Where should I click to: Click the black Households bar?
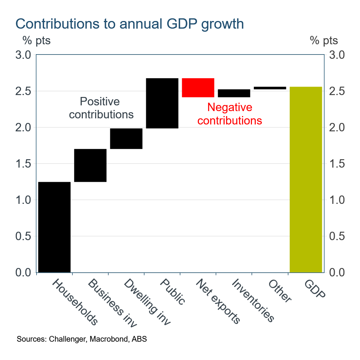[54, 227]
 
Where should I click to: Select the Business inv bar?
[90, 165]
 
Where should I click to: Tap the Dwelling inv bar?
[126, 139]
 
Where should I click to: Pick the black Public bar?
[162, 103]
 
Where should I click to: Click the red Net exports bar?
[198, 88]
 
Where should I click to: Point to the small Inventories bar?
[234, 93]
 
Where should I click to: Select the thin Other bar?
[270, 88]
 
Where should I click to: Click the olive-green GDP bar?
[306, 179]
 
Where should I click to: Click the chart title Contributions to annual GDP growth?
[129, 24]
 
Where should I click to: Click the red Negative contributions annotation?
[230, 114]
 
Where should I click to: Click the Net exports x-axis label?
[218, 301]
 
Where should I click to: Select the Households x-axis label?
[75, 302]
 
